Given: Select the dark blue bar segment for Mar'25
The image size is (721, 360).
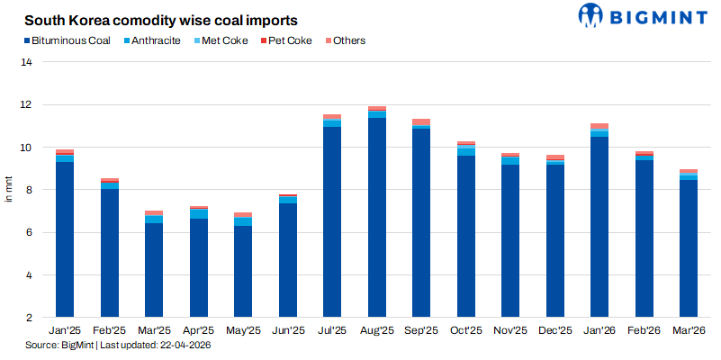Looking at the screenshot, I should tap(154, 270).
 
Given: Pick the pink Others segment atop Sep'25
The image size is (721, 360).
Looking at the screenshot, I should tap(421, 122).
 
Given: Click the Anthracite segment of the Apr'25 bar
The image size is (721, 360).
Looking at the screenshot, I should tap(198, 213).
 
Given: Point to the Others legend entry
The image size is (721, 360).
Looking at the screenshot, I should tap(344, 40).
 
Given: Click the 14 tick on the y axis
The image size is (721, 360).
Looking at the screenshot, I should tap(27, 62).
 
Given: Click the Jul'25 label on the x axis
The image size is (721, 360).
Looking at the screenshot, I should tap(332, 331).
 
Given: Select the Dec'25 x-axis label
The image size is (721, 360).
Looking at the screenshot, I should tap(555, 331).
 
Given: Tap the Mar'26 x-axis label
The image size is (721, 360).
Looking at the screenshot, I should tap(689, 331).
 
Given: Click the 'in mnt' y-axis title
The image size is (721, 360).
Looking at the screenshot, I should tap(10, 190).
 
